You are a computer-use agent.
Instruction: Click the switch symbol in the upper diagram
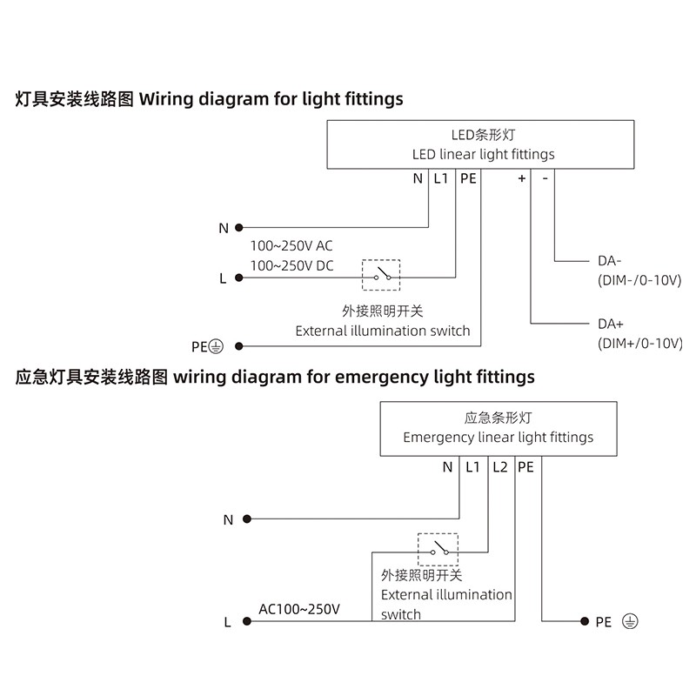[381, 275]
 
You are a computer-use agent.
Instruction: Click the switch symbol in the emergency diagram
[438, 549]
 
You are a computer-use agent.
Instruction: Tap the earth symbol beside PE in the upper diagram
[217, 346]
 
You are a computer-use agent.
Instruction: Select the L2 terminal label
[499, 467]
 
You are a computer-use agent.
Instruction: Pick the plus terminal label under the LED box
[522, 178]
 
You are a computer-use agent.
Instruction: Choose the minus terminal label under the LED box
[545, 178]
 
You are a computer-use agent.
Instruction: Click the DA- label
[610, 260]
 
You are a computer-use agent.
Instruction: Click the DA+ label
[611, 324]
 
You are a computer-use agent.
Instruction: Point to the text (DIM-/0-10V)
[639, 280]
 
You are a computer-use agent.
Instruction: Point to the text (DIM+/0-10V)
[639, 344]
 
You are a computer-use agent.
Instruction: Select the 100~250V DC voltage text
[291, 264]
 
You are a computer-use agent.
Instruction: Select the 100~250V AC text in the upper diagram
[291, 245]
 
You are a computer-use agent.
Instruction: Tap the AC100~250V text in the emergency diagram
[299, 609]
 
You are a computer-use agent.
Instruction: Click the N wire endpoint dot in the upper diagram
[238, 228]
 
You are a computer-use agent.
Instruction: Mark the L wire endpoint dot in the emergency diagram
[247, 621]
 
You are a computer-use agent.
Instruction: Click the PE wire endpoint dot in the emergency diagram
[584, 621]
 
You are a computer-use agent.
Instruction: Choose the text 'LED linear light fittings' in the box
[483, 154]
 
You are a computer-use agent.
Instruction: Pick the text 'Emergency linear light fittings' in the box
[498, 437]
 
